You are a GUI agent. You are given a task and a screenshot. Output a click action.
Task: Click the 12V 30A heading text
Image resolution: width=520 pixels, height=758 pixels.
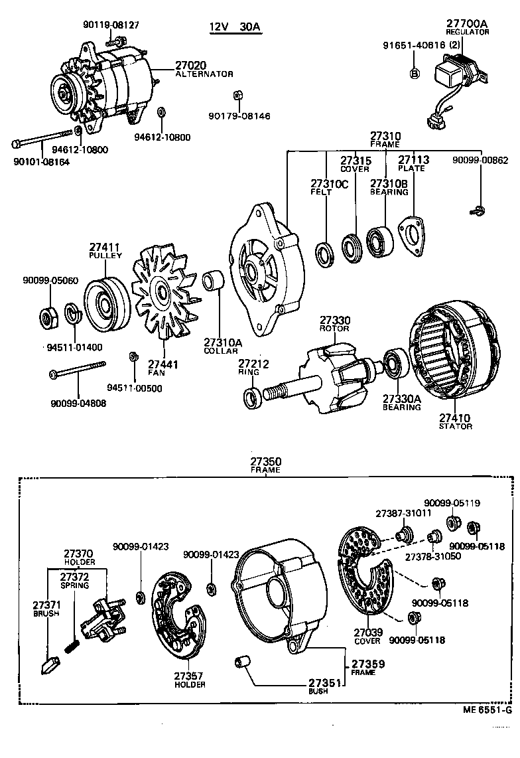[x=235, y=27]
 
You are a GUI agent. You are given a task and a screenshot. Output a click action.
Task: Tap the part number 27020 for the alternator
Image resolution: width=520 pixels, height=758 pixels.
[x=190, y=65]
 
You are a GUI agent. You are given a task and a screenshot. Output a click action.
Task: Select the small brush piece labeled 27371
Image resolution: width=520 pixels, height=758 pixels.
[x=50, y=664]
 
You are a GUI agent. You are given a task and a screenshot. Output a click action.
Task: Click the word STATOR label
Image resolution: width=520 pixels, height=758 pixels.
[x=455, y=426]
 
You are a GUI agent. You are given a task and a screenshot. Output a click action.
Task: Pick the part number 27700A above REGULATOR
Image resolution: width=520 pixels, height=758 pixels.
[x=467, y=23]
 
